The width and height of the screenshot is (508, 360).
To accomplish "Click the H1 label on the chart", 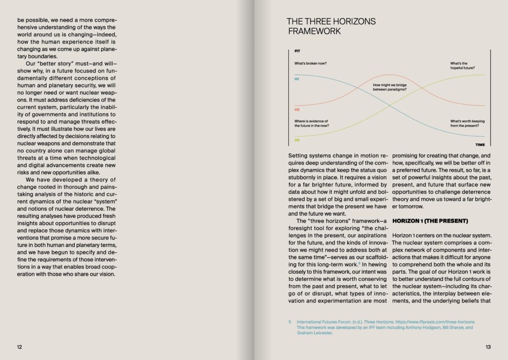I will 297,79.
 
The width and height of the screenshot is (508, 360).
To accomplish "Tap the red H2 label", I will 297,109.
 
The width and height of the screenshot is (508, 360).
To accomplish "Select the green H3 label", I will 297,139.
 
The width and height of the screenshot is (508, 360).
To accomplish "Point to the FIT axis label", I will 297,51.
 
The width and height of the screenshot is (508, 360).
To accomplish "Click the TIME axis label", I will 480,145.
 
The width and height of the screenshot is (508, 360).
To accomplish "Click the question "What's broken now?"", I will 311,63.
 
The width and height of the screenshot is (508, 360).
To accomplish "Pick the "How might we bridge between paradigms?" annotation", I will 390,87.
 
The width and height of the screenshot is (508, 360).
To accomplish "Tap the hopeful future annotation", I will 462,66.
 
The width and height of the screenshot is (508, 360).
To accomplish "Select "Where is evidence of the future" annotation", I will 312,123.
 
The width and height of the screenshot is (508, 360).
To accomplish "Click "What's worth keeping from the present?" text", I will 467,123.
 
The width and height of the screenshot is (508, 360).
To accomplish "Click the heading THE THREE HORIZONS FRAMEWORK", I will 331,26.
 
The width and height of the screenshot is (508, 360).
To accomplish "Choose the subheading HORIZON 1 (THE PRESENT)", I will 430,220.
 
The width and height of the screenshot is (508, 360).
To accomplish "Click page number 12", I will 19,347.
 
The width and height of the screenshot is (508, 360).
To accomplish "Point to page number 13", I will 488,347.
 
